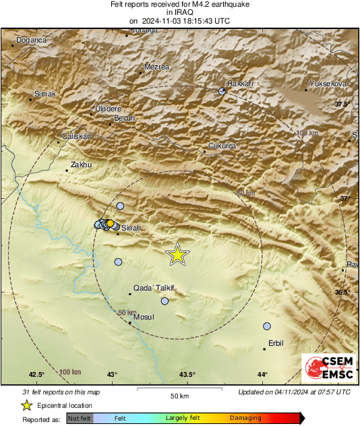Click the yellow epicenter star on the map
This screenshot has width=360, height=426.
[x=177, y=254]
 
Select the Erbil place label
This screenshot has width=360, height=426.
[x=276, y=343]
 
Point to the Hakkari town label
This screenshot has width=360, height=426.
[x=241, y=83]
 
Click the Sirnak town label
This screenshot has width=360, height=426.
[x=45, y=94]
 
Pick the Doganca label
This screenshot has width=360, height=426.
[x=32, y=40]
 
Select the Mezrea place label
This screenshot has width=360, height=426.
[x=157, y=67]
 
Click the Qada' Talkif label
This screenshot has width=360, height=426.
[x=154, y=287]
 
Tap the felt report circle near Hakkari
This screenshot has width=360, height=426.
[x=222, y=91]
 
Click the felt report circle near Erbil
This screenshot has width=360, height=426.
[x=267, y=326]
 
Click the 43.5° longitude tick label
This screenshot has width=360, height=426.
[x=187, y=375]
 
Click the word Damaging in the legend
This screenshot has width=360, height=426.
[x=245, y=419]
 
